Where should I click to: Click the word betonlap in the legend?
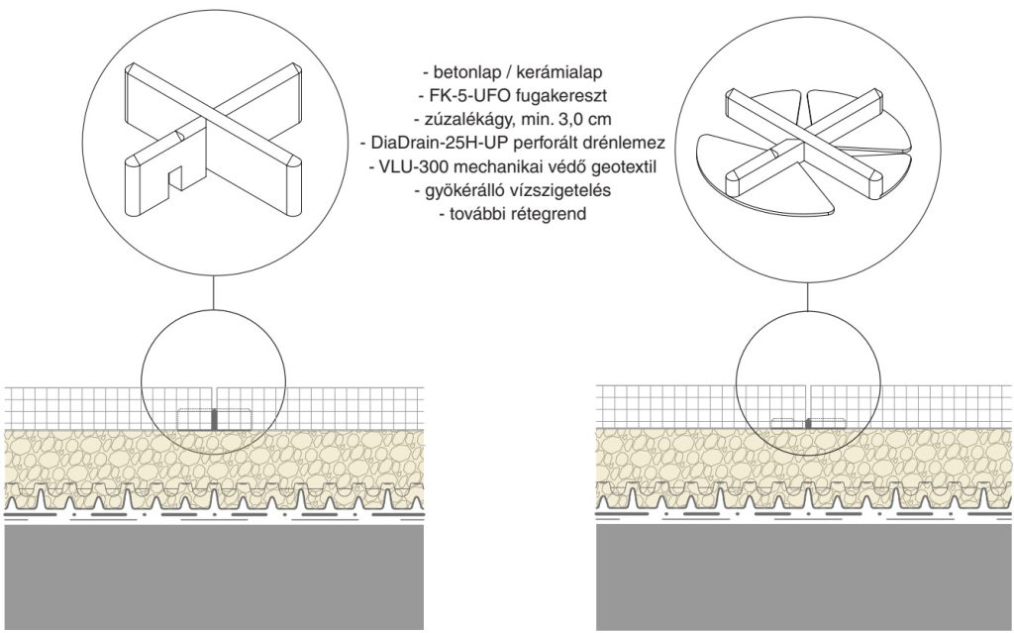point(461,72)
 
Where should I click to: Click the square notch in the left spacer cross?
point(176,175)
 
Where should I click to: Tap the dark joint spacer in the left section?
point(215,418)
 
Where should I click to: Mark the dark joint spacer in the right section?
point(808,423)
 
